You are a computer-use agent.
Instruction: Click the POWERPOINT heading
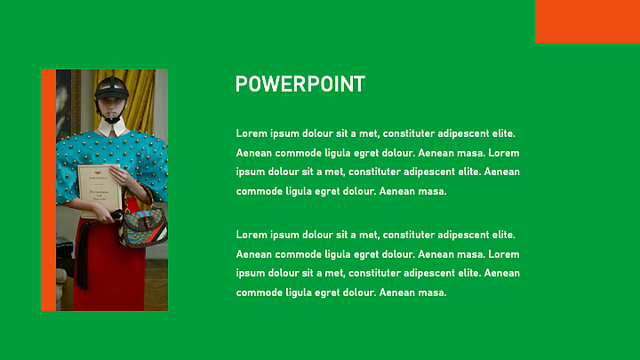coord(300,84)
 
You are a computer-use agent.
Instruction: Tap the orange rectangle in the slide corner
coord(588,21)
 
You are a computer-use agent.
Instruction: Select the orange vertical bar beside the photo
coord(48,190)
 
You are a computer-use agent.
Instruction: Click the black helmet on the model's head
coord(111,89)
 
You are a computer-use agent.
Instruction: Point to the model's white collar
coord(111,127)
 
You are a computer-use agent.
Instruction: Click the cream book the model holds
coord(100,190)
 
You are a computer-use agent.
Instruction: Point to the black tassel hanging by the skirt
coord(83,256)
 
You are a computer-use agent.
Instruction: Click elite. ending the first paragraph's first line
coord(503,133)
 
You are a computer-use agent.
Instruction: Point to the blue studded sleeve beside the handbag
coord(153,167)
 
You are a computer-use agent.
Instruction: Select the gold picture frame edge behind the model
coord(76,102)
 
